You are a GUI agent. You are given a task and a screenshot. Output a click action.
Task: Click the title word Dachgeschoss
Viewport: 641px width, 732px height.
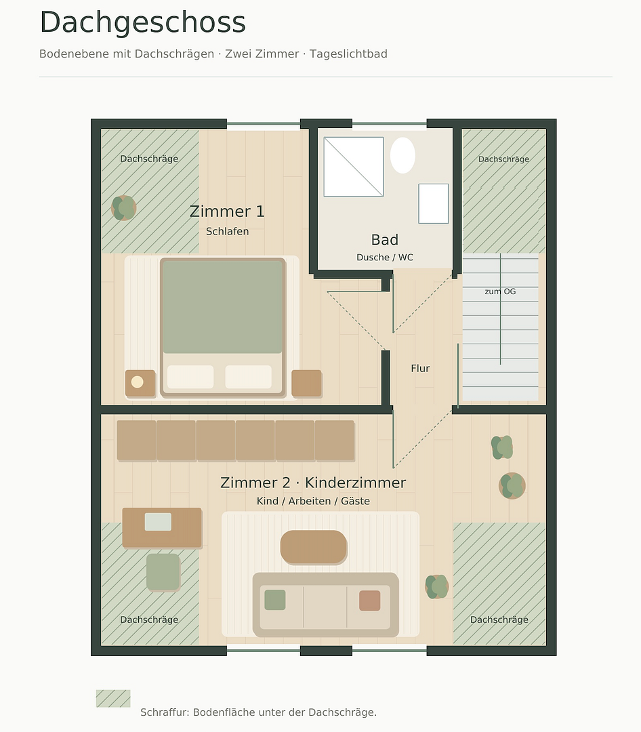tap(143, 22)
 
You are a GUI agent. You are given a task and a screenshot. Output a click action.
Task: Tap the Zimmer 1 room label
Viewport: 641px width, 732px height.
tap(227, 211)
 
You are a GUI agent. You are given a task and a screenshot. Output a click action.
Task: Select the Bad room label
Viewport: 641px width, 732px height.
tap(385, 239)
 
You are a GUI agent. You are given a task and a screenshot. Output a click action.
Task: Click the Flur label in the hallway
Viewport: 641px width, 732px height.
tap(420, 368)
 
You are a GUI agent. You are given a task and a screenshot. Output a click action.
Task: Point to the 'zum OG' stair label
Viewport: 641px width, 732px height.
tap(500, 291)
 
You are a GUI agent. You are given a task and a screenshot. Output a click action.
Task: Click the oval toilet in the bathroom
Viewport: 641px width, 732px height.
tap(402, 155)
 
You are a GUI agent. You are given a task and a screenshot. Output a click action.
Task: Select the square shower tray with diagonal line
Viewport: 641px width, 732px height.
tap(354, 167)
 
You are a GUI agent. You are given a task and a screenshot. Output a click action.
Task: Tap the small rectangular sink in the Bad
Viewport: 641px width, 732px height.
tap(433, 203)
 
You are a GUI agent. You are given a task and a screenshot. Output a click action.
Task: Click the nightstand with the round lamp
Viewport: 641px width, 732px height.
tap(140, 383)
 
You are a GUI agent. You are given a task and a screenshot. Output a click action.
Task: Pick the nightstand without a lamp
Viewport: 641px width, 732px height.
tap(306, 383)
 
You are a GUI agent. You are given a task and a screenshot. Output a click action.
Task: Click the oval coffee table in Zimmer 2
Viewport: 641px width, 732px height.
tap(313, 547)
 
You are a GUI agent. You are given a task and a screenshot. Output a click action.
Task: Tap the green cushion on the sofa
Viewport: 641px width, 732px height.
tap(275, 600)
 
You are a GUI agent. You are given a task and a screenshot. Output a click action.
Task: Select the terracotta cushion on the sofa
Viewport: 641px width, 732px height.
tap(370, 601)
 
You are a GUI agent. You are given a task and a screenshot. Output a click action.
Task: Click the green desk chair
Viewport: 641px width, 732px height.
tap(163, 572)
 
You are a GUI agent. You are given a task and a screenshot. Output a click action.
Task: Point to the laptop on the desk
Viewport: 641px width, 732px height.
tap(158, 522)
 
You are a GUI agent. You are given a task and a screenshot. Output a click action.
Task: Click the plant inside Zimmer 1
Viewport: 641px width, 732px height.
tap(124, 208)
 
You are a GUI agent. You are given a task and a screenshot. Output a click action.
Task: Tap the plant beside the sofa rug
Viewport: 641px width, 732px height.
tap(437, 587)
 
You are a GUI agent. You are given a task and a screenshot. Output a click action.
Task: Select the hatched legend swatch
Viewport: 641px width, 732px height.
tap(113, 698)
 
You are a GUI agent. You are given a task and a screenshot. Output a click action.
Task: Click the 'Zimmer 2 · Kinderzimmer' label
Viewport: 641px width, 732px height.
tap(313, 483)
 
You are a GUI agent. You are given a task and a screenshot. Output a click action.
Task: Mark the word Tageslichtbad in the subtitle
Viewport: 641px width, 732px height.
tap(348, 54)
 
